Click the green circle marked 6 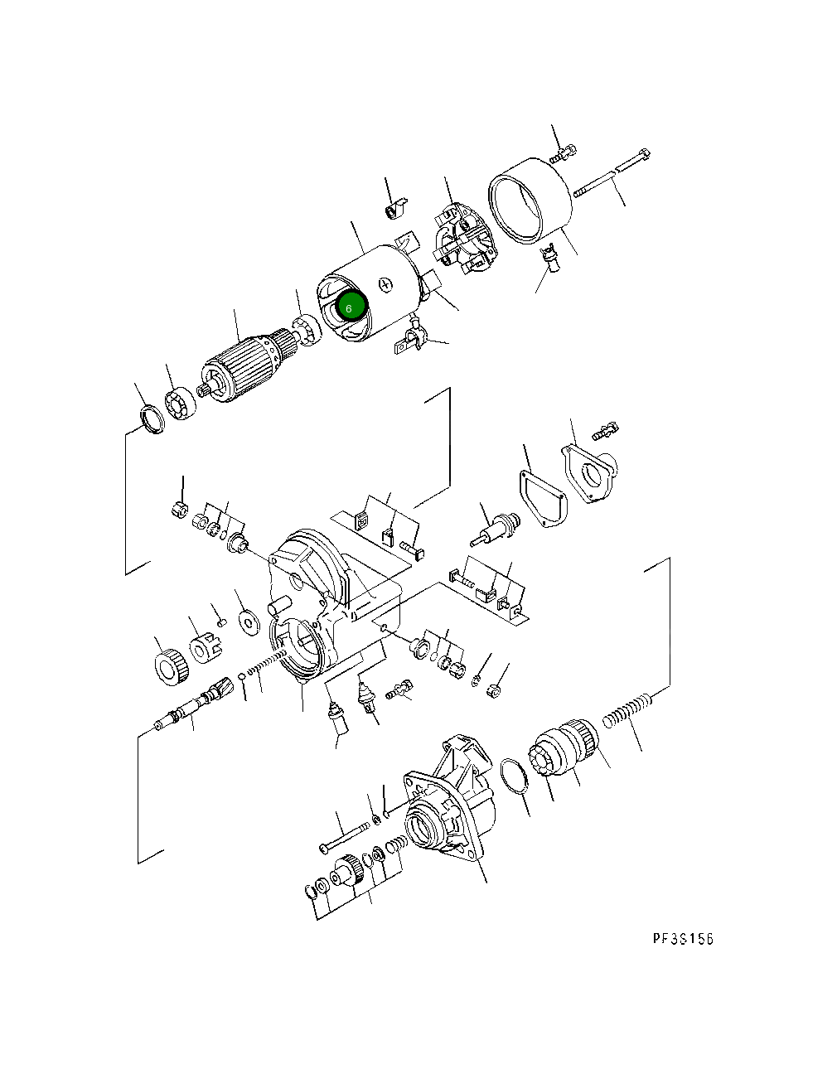[349, 307]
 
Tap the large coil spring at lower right [627, 712]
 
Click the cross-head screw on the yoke [385, 285]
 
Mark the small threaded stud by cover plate [606, 430]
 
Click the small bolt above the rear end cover [566, 152]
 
